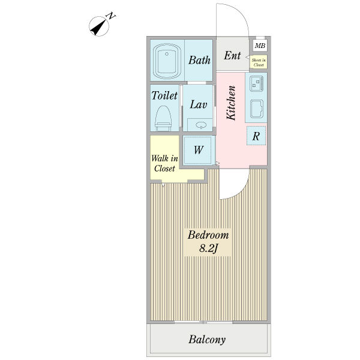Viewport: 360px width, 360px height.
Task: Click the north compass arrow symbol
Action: [99, 26]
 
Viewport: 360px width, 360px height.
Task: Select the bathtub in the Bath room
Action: [166, 61]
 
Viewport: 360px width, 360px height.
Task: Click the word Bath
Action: [199, 60]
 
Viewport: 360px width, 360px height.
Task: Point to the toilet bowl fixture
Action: [163, 118]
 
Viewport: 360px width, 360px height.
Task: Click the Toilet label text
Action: [164, 95]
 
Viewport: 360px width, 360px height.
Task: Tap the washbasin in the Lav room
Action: [201, 125]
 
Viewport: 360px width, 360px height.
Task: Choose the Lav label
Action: [199, 104]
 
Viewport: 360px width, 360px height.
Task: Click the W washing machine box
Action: [198, 150]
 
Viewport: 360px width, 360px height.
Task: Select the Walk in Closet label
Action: [164, 163]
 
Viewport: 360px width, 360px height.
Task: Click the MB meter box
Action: [260, 46]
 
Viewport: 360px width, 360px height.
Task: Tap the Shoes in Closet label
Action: [259, 62]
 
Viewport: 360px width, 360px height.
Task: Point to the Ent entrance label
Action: [232, 55]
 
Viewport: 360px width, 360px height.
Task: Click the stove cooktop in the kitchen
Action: [257, 83]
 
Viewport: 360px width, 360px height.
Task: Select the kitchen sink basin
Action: [257, 109]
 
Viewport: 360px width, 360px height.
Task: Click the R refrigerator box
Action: [256, 136]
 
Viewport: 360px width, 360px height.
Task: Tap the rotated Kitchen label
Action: [231, 103]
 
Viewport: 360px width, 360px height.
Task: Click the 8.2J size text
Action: [208, 248]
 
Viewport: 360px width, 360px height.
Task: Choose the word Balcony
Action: [207, 340]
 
